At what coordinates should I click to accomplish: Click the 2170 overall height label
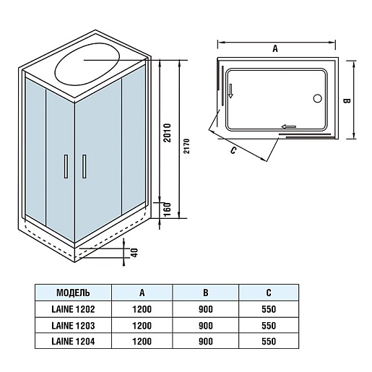point(187,146)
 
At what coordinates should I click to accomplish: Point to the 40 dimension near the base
point(135,253)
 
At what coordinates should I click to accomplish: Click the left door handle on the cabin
point(66,166)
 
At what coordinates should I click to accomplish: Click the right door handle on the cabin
point(84,166)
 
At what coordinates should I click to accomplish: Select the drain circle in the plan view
point(318,98)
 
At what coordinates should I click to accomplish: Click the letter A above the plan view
point(275,49)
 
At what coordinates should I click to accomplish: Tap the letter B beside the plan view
point(347,101)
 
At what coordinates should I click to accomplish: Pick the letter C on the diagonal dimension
point(233,150)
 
